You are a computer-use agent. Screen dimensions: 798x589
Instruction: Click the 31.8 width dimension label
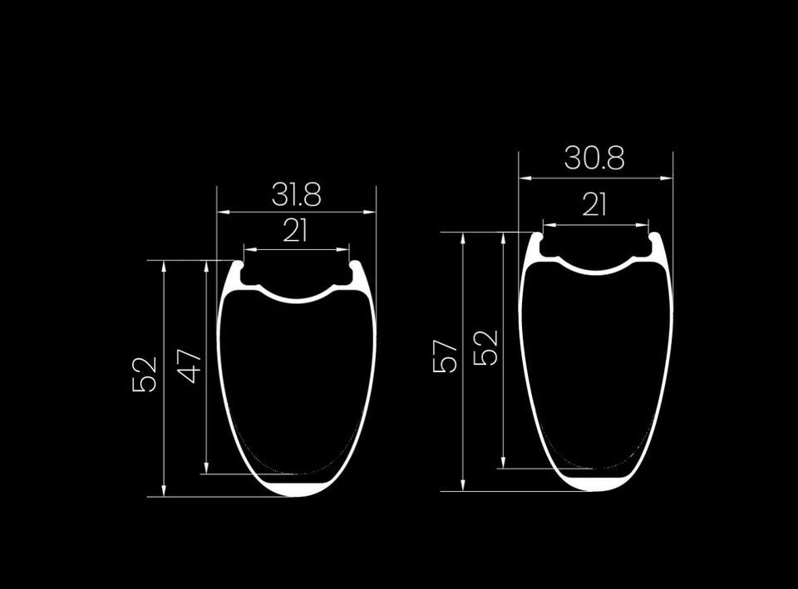click(x=296, y=194)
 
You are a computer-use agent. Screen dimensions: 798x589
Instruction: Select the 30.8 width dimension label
click(x=594, y=158)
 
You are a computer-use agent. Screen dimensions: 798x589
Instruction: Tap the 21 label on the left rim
click(x=295, y=231)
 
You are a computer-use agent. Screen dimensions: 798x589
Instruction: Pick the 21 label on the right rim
click(x=594, y=204)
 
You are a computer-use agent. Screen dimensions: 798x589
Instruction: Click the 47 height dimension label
click(x=190, y=366)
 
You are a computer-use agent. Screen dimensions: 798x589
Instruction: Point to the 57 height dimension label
click(x=446, y=356)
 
